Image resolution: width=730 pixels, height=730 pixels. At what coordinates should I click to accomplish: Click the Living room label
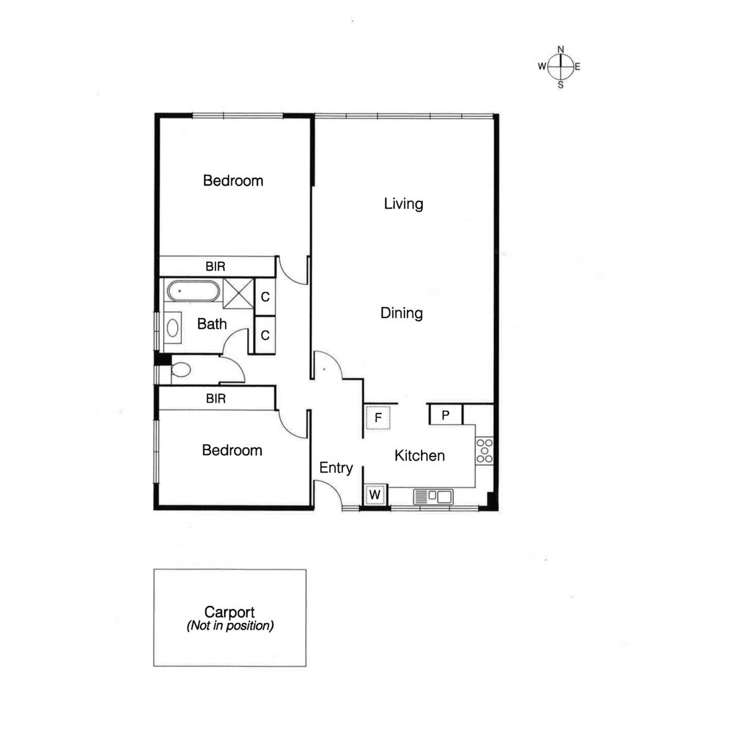tap(403, 204)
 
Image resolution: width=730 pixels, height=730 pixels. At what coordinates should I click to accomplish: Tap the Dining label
tap(401, 313)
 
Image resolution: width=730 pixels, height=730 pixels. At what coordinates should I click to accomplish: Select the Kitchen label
tap(420, 456)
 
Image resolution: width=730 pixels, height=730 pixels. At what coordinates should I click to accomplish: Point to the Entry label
tap(336, 468)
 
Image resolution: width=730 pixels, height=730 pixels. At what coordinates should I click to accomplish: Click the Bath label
tap(212, 324)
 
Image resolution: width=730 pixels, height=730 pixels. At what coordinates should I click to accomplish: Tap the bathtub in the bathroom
tap(193, 291)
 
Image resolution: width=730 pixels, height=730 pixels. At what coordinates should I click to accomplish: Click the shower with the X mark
tap(238, 293)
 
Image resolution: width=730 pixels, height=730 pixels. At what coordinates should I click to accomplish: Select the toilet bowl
tap(181, 370)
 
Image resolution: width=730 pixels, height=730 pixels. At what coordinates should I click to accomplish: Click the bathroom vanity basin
tap(173, 328)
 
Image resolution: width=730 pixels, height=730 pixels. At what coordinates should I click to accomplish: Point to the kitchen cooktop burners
tap(485, 451)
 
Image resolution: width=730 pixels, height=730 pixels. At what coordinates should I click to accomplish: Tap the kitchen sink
tap(433, 496)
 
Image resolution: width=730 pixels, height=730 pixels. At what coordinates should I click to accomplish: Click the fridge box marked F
tap(378, 417)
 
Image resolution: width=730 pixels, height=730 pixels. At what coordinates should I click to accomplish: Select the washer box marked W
tap(375, 495)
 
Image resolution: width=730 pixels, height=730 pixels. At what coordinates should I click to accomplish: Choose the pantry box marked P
tap(445, 415)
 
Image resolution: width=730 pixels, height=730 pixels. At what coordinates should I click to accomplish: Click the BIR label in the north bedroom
tap(215, 266)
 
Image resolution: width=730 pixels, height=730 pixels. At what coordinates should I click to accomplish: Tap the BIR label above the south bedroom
tap(216, 398)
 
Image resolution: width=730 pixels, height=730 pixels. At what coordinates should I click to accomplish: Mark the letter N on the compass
tap(561, 49)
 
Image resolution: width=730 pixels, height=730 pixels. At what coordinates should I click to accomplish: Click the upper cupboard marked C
tap(265, 297)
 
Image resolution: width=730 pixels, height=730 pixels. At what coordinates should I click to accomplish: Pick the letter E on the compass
tap(577, 67)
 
